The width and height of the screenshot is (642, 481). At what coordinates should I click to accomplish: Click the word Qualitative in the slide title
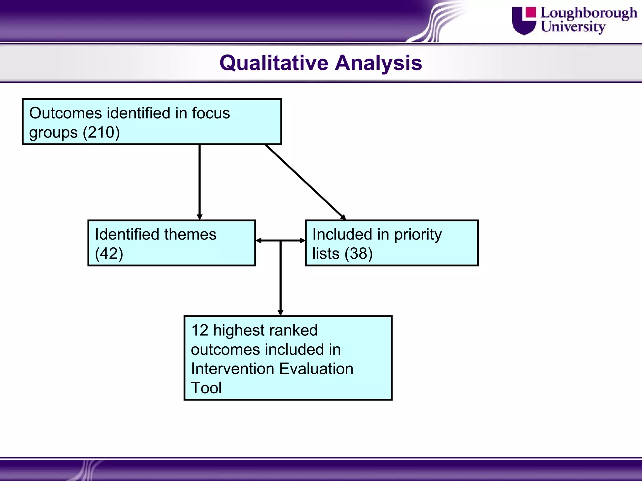click(274, 63)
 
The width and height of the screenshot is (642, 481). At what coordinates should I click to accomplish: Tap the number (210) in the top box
click(101, 132)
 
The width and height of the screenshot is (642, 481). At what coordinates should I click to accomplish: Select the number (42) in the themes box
click(109, 253)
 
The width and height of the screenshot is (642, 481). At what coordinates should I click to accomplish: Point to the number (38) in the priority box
click(359, 253)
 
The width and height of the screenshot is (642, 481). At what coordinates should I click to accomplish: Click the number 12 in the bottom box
click(200, 330)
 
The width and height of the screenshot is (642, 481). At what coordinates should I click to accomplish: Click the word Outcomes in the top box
click(65, 113)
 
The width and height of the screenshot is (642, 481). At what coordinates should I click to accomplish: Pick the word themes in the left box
click(190, 234)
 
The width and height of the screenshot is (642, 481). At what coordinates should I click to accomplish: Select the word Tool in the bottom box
click(206, 388)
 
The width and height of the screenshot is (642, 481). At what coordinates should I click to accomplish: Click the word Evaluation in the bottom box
click(316, 369)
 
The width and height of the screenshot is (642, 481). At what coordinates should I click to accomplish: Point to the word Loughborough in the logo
click(589, 13)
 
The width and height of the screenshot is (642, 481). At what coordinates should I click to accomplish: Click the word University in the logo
click(573, 27)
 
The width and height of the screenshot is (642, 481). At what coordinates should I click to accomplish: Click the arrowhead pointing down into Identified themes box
click(200, 217)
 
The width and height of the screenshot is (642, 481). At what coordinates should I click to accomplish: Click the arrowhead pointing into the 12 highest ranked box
click(281, 313)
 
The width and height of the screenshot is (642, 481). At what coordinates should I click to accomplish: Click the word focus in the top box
click(211, 113)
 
